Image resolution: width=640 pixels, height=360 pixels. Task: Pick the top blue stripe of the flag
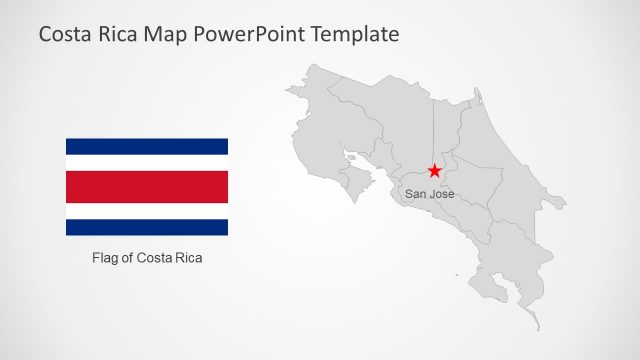click(x=147, y=146)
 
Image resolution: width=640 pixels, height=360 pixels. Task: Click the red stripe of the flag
click(x=147, y=186)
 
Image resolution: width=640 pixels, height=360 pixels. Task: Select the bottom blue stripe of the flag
click(x=147, y=227)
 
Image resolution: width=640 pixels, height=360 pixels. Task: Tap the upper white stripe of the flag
click(x=147, y=162)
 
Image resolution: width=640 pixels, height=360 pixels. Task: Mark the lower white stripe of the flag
click(x=147, y=211)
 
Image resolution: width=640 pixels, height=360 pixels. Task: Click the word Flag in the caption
click(x=105, y=258)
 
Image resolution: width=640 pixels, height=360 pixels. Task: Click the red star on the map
click(x=434, y=172)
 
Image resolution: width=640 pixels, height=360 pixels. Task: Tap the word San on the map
click(x=416, y=194)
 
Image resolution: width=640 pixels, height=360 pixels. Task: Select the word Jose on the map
click(x=442, y=194)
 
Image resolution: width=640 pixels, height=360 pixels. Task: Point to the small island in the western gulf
click(x=351, y=157)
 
